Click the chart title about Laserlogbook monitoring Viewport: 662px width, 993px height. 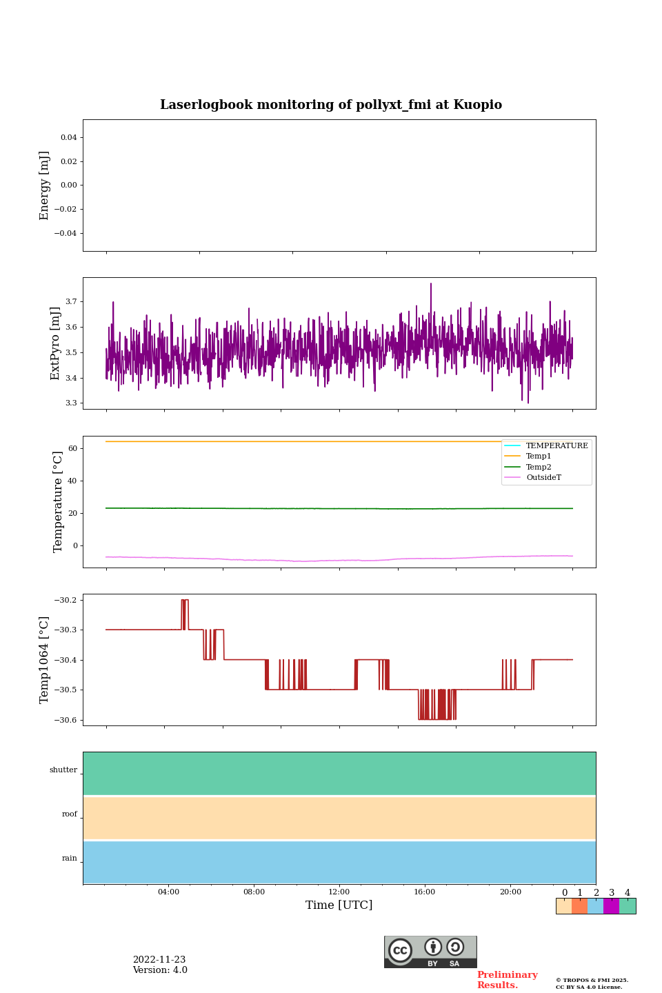pos(331,105)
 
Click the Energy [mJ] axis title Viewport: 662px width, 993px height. pos(45,185)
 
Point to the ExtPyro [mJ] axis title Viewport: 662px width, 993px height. pos(56,343)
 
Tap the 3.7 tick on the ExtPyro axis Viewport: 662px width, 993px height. pos(71,302)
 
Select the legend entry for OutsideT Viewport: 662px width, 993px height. pos(543,478)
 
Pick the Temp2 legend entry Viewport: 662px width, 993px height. pos(539,467)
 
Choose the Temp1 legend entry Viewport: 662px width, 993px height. pos(539,457)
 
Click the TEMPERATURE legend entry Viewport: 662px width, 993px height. pos(556,446)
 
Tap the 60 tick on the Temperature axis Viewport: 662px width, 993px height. pos(72,449)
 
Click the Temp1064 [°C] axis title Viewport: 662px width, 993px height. pos(45,660)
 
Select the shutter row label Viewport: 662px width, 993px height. pos(63,770)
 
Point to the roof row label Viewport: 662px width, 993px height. pos(70,814)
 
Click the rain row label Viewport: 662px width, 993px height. pos(70,859)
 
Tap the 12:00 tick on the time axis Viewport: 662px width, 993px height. pos(339,892)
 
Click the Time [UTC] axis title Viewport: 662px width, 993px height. pos(339,905)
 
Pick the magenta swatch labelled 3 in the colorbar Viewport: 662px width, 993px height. pos(611,906)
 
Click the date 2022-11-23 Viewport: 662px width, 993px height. pos(159,960)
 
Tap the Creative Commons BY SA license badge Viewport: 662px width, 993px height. pos(430,952)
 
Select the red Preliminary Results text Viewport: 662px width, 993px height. pos(507,980)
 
